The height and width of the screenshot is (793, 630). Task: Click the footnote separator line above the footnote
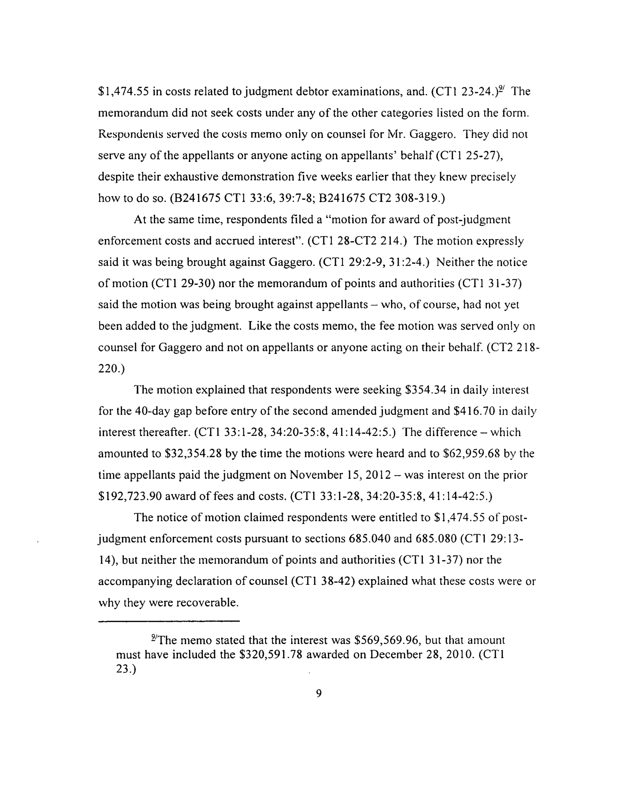point(169,621)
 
